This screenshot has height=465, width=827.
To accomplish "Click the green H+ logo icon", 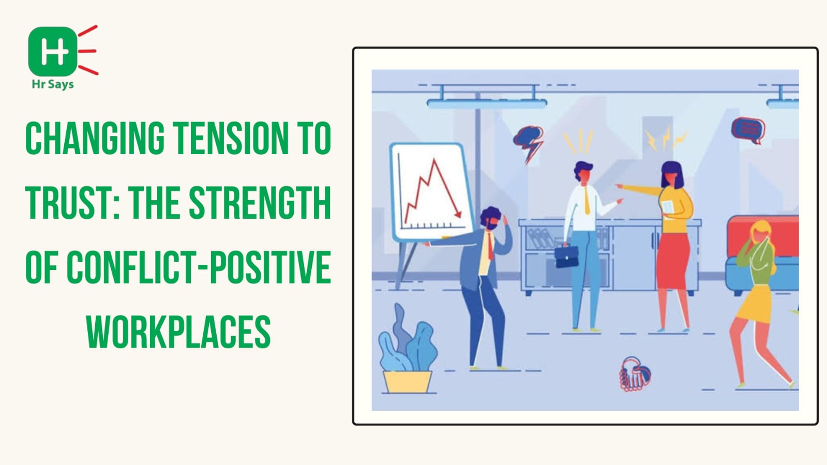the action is click(x=53, y=51).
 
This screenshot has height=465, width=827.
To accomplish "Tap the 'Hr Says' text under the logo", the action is click(x=53, y=85).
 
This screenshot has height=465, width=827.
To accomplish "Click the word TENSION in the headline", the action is click(x=231, y=138).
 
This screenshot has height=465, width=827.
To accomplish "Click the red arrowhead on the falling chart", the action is click(x=458, y=214).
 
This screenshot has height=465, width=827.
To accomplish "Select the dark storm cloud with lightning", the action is click(x=529, y=143).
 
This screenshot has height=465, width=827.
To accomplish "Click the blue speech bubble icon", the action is click(x=748, y=130).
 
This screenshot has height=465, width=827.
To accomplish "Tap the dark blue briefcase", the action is click(x=566, y=256).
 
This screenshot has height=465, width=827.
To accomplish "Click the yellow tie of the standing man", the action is click(x=587, y=201).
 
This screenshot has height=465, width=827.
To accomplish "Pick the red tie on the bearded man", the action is click(x=490, y=246).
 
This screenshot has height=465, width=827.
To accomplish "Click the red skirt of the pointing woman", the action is click(x=673, y=260).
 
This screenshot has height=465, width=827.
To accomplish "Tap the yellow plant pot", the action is click(x=407, y=382).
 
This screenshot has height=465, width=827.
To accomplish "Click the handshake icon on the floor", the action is click(x=635, y=374).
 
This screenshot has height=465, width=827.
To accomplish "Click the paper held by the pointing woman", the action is click(x=668, y=207).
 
